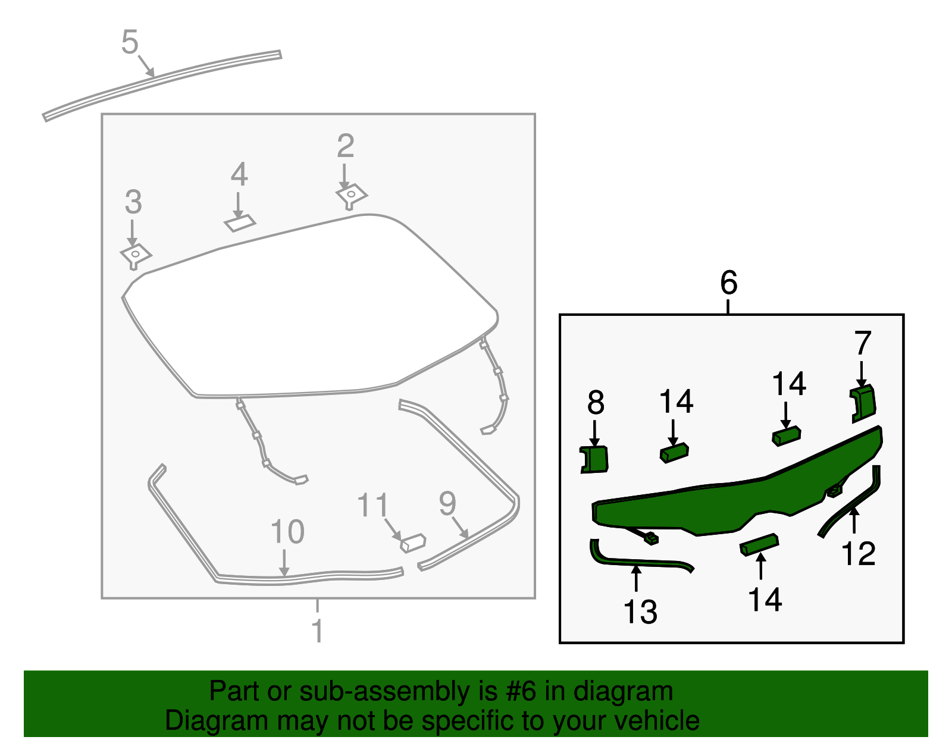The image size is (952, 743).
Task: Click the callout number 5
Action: click(x=130, y=42)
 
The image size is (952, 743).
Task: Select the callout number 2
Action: click(x=345, y=146)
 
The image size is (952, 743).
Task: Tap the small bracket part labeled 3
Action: click(x=136, y=256)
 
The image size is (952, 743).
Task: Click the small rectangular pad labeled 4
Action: click(x=240, y=222)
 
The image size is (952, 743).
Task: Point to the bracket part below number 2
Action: click(x=352, y=195)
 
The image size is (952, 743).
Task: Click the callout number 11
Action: click(x=372, y=506)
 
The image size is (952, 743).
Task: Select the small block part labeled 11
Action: click(x=414, y=542)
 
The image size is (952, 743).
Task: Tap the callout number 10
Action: click(x=287, y=531)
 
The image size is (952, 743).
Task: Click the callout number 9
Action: click(x=447, y=503)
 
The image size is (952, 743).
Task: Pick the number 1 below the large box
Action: click(x=317, y=630)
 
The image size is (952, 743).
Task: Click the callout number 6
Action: click(x=728, y=283)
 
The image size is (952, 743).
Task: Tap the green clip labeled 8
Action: click(x=594, y=459)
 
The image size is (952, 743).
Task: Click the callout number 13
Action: click(x=640, y=612)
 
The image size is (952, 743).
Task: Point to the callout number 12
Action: click(x=858, y=554)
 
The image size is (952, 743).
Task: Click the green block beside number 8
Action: click(x=674, y=453)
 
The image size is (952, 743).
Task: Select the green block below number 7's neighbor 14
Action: click(x=786, y=436)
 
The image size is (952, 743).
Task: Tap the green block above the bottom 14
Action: click(x=759, y=544)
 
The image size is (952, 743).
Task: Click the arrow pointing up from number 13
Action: click(x=637, y=578)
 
